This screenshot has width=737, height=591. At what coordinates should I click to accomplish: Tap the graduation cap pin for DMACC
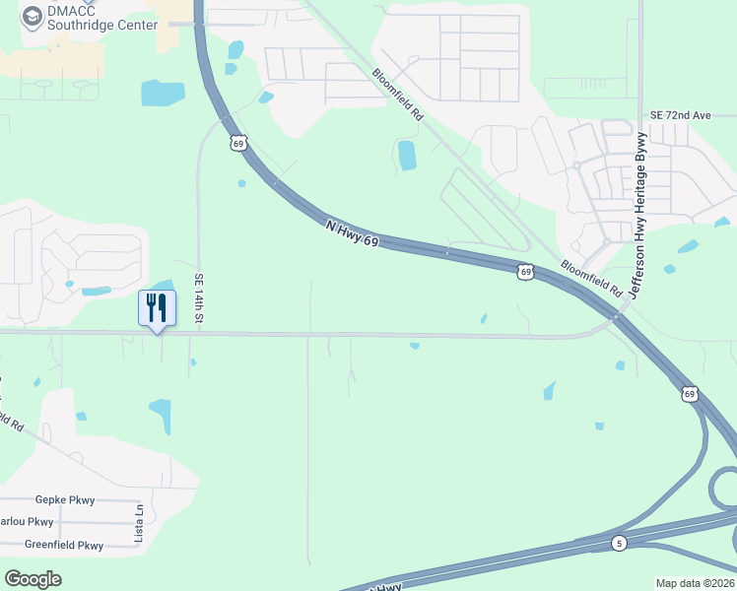33,16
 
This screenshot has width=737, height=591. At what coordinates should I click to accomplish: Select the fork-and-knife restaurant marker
157,308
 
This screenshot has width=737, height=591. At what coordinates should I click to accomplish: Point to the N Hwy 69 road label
352,233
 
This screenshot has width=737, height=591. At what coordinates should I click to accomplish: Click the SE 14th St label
198,298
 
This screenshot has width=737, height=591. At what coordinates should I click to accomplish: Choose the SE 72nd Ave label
679,115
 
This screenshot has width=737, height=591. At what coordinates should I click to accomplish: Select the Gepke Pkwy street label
65,500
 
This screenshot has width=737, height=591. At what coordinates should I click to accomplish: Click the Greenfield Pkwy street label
64,545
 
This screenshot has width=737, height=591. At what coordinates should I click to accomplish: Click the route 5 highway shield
618,543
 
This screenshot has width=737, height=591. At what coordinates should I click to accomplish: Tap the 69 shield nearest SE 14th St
236,144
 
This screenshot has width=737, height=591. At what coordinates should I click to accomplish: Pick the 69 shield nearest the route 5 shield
690,394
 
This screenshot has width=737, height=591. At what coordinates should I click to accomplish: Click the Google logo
33,579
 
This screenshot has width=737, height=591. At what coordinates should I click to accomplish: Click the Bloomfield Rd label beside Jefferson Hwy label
592,280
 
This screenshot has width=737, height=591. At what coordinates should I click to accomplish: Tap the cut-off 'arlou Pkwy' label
27,522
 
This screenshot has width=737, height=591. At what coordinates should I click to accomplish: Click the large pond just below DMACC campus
163,93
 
